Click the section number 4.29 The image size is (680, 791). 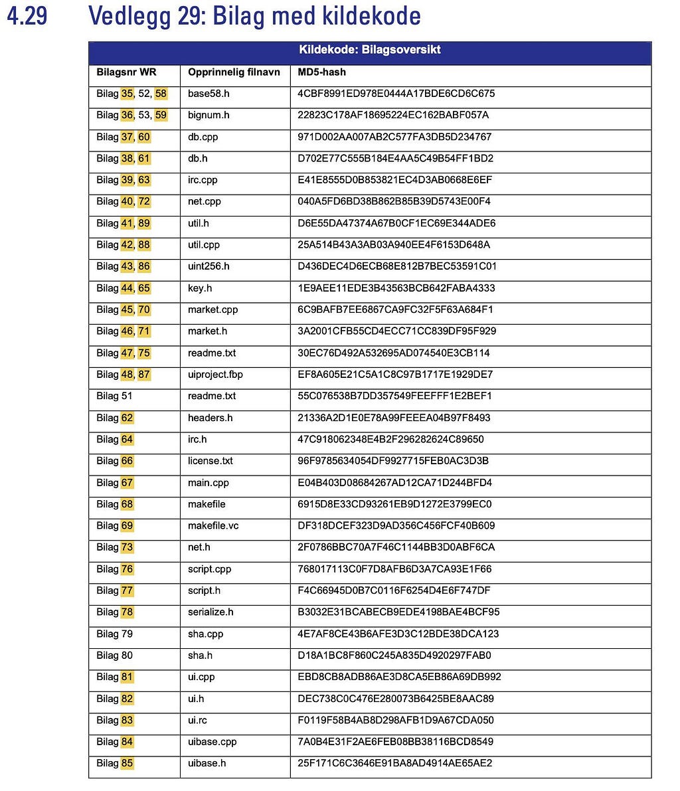click(27, 15)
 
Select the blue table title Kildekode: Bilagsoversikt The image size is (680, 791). click(369, 50)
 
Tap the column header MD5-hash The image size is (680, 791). click(322, 72)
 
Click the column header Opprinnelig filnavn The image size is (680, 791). click(234, 72)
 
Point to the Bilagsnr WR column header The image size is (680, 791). click(126, 72)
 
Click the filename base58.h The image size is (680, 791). click(209, 94)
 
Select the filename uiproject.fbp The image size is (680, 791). click(215, 375)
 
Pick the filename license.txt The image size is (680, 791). click(211, 461)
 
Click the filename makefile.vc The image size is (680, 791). click(213, 525)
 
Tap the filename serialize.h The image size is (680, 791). click(211, 612)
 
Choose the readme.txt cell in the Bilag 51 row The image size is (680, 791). click(212, 396)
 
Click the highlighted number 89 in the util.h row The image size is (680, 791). click(144, 223)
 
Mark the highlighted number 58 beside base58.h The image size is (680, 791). click(161, 94)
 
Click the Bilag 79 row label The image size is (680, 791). click(114, 634)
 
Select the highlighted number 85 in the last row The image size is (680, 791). click(127, 763)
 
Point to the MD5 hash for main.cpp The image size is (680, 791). click(394, 483)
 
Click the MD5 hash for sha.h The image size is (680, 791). click(394, 656)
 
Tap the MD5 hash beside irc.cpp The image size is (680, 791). click(394, 180)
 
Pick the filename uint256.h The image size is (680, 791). click(209, 266)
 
